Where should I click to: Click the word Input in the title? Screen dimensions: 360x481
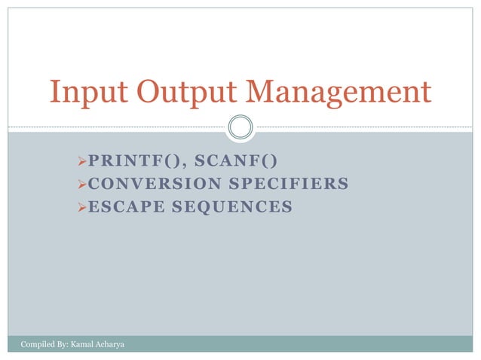pyautogui.click(x=82, y=93)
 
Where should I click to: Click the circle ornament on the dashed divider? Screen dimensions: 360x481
pyautogui.click(x=240, y=126)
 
